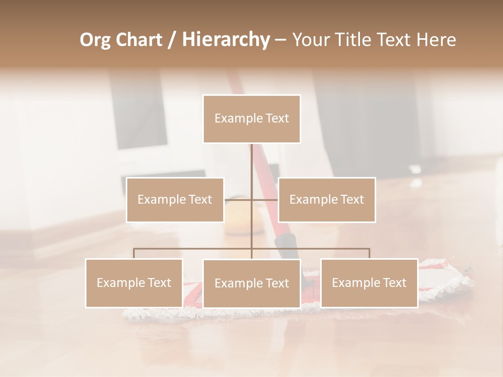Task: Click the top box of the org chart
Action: click(x=251, y=119)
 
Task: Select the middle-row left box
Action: click(x=175, y=199)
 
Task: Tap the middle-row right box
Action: click(x=326, y=199)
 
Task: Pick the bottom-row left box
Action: click(x=134, y=283)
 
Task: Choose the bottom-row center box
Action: click(x=251, y=283)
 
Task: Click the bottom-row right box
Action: click(x=369, y=283)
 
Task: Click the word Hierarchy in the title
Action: click(x=225, y=40)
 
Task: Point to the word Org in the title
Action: click(x=95, y=40)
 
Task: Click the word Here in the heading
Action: click(x=436, y=40)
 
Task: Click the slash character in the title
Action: click(x=171, y=40)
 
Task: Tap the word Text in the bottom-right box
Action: click(x=395, y=283)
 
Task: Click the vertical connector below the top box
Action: click(x=251, y=162)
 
